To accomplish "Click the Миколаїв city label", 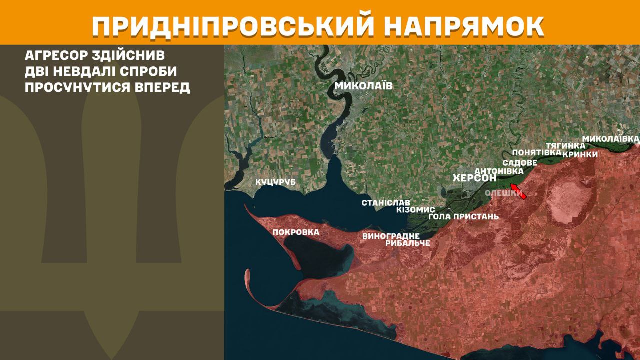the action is (x=363, y=86).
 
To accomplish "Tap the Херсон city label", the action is (x=474, y=178).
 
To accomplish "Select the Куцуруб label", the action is (x=275, y=182).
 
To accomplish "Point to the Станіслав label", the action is (x=386, y=203).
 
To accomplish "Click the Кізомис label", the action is (x=415, y=210).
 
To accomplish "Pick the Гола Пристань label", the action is (x=464, y=217).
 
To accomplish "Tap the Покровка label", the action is (x=296, y=232).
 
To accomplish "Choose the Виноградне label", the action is (x=391, y=236).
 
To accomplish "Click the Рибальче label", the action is (x=408, y=243).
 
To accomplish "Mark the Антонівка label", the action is (x=499, y=171).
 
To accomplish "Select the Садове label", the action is (x=520, y=163).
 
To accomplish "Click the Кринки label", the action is (x=580, y=154).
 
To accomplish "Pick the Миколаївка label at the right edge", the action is (x=611, y=138).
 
